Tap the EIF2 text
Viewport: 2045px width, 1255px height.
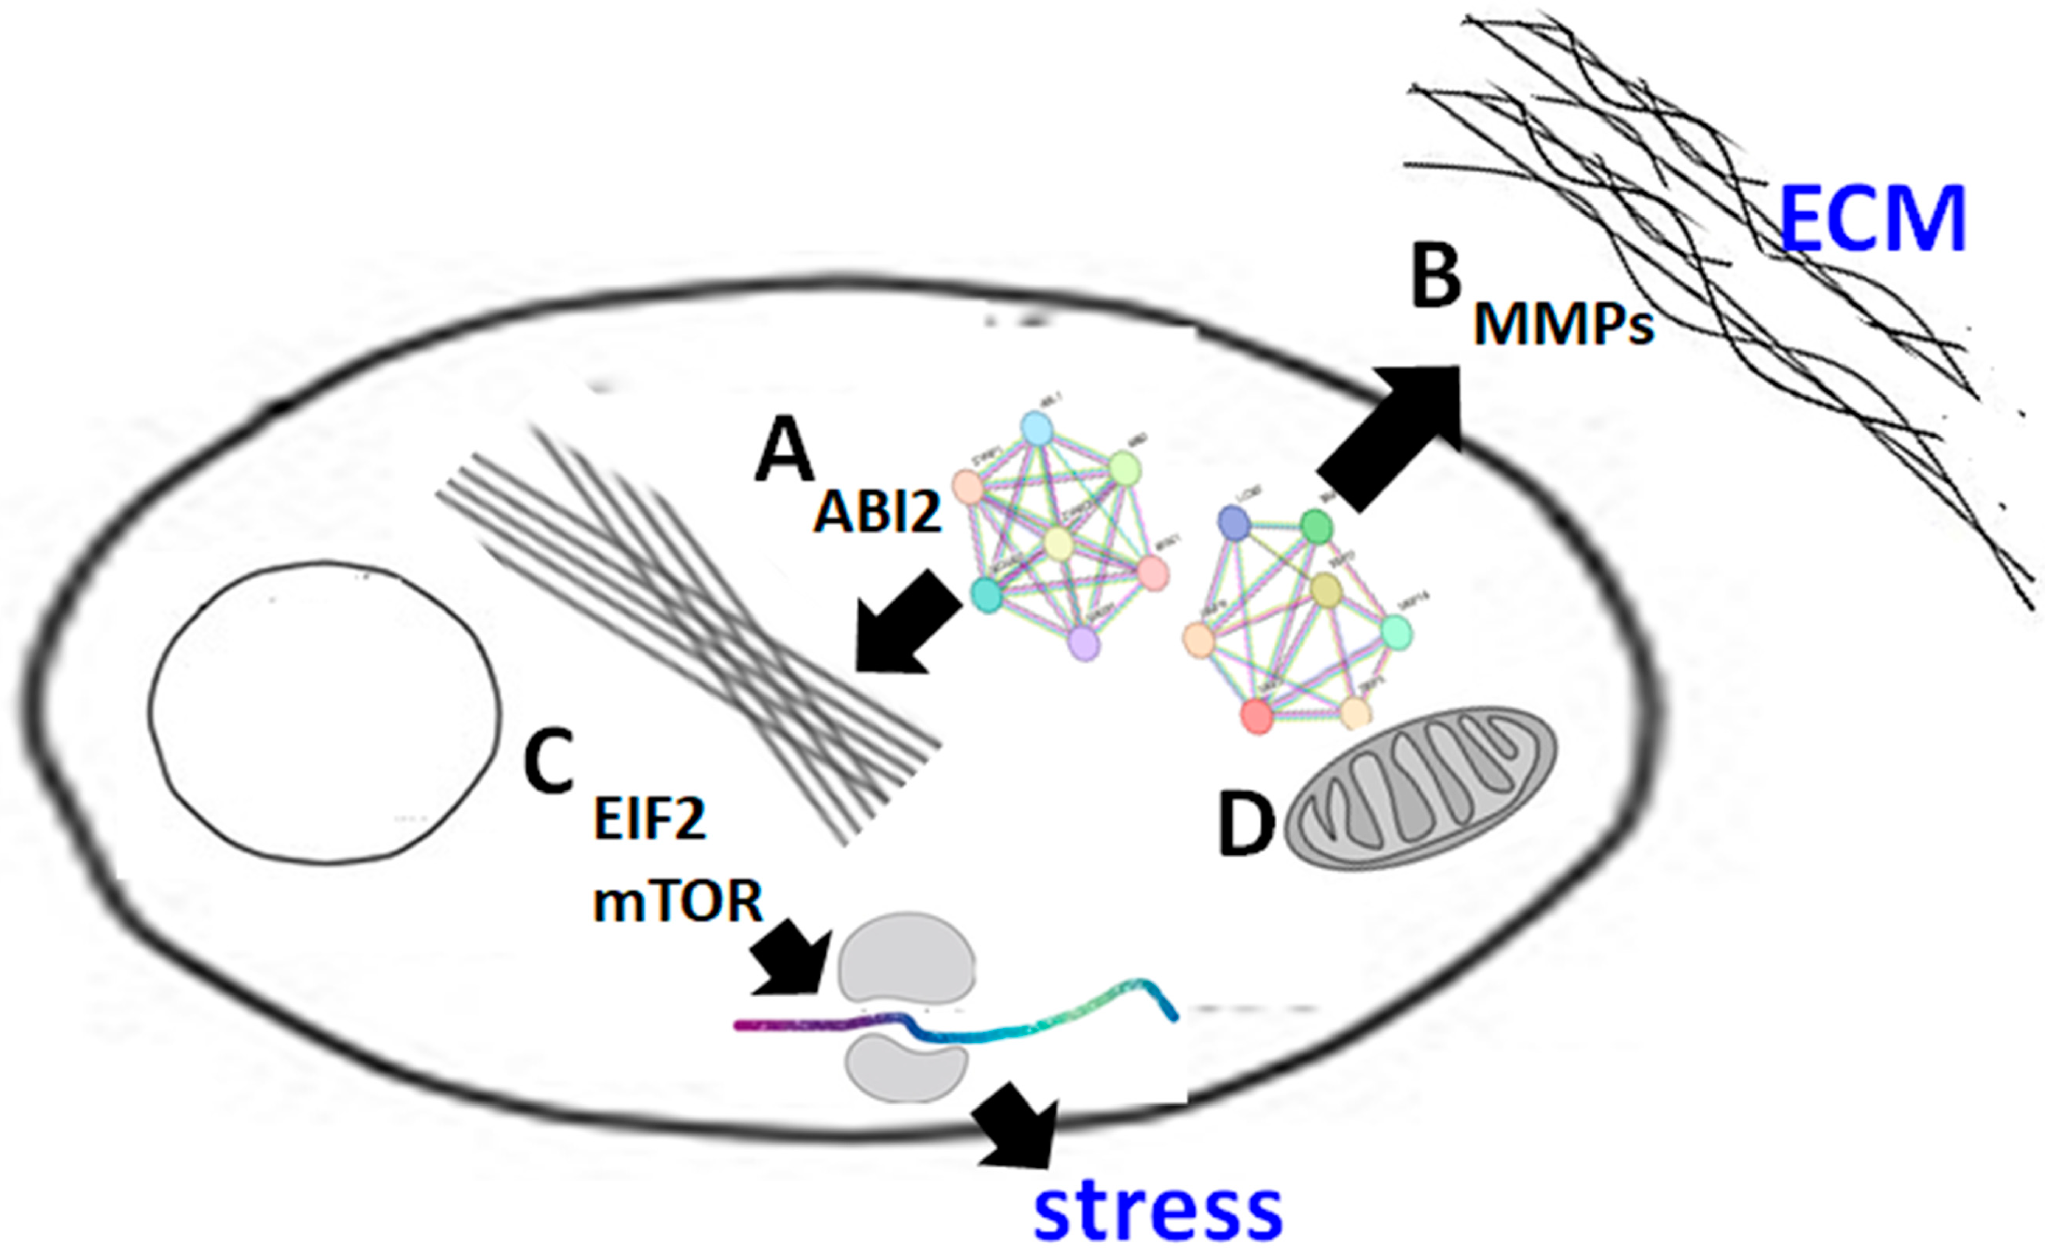(x=650, y=821)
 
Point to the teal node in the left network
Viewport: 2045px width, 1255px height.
(x=987, y=596)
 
